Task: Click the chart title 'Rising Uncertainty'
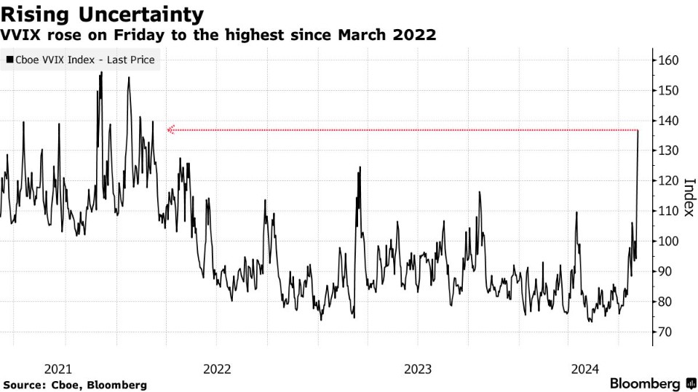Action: pyautogui.click(x=101, y=13)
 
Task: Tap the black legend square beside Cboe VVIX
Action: pyautogui.click(x=9, y=60)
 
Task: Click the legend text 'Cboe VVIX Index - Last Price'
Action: pyautogui.click(x=84, y=60)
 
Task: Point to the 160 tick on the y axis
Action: pyautogui.click(x=668, y=60)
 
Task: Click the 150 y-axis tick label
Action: pyautogui.click(x=668, y=90)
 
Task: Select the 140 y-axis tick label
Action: pyautogui.click(x=668, y=121)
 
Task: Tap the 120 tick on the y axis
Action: pyautogui.click(x=668, y=181)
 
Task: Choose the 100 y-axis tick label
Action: pyautogui.click(x=668, y=241)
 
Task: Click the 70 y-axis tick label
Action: pyautogui.click(x=665, y=332)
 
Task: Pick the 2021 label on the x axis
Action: pyautogui.click(x=57, y=368)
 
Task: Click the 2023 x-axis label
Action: pyautogui.click(x=418, y=368)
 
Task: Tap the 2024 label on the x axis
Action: pyautogui.click(x=585, y=368)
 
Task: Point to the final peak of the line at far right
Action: pyautogui.click(x=638, y=131)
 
